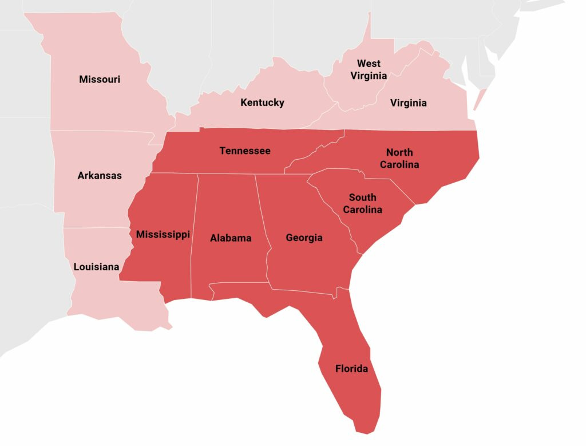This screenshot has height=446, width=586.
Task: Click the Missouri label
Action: [100, 80]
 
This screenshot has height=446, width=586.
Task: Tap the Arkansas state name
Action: [100, 176]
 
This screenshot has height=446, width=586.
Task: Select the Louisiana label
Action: [96, 267]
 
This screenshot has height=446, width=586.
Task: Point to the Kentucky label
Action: [262, 103]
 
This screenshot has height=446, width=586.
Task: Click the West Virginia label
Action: [369, 69]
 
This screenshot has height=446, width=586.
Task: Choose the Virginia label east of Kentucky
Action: [408, 103]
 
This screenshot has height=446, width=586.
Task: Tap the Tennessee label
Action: [245, 151]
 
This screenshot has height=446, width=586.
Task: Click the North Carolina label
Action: [402, 159]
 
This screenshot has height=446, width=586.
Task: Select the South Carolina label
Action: [362, 204]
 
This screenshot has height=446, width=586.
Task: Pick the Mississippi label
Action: [163, 235]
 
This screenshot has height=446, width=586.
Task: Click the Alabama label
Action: [231, 238]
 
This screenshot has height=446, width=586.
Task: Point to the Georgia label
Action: [304, 238]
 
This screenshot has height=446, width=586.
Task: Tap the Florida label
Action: [351, 369]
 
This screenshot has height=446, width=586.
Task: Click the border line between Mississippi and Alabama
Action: [195, 235]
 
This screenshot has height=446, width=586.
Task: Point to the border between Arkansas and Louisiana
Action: [94, 228]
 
